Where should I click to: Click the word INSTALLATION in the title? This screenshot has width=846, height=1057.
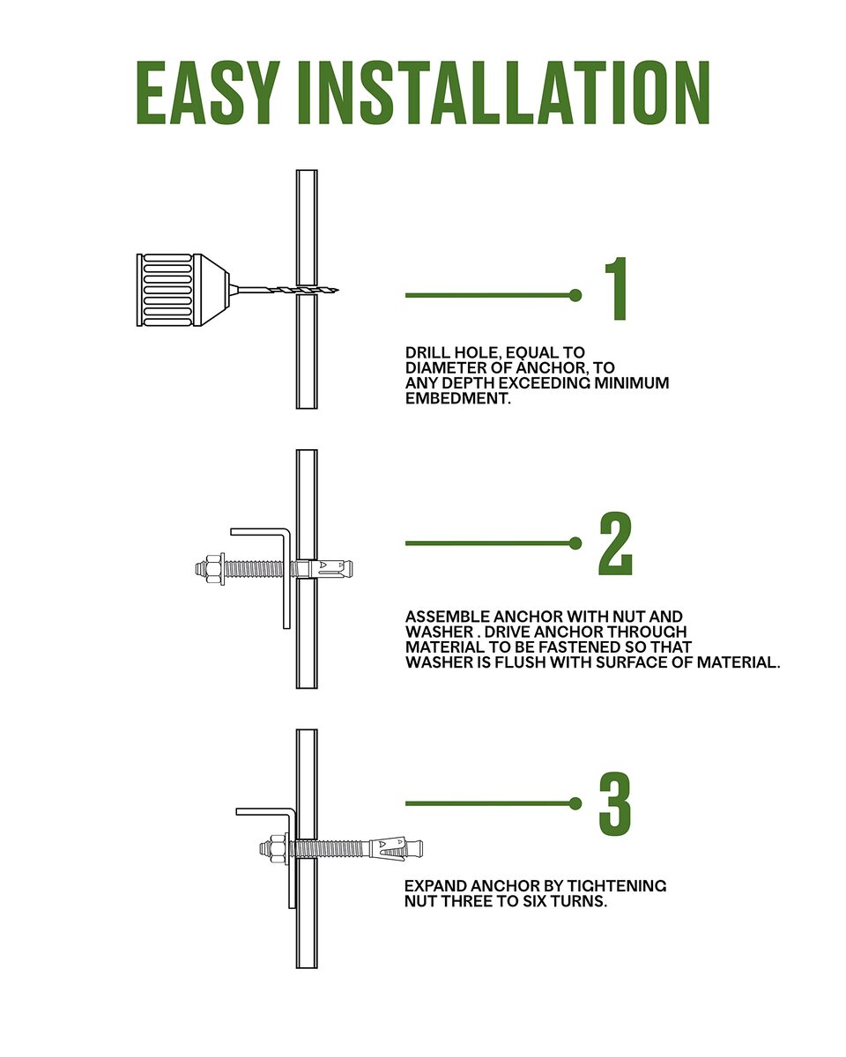tap(504, 92)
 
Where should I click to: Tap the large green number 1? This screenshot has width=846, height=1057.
tap(617, 289)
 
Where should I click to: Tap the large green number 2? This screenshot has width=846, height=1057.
tap(615, 543)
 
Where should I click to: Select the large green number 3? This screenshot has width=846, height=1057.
tap(615, 803)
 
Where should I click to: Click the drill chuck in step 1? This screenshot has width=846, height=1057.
tap(183, 290)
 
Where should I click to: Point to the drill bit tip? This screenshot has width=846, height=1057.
tap(338, 291)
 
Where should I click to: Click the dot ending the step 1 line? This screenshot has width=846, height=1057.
tap(575, 295)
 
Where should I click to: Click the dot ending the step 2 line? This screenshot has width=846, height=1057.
tap(575, 543)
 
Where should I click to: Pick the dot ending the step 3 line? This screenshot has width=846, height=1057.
tap(575, 803)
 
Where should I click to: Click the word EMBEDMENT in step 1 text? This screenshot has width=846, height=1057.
tap(457, 398)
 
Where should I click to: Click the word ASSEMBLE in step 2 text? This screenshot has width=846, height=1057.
tap(447, 617)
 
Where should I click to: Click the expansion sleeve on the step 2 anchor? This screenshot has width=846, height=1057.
tap(329, 568)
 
